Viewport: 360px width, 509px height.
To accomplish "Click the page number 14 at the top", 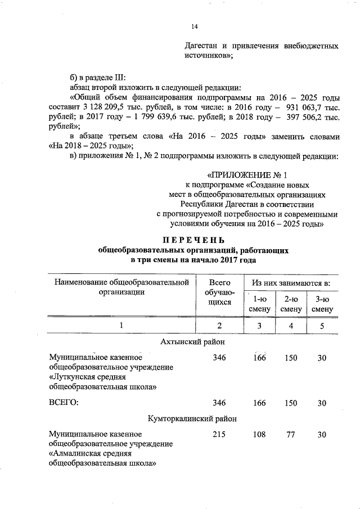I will pos(195,26).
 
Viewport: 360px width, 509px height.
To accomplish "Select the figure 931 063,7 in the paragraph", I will pos(304,106).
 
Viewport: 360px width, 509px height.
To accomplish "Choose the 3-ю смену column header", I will pos(322,304).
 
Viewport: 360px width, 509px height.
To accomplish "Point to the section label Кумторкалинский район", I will pos(193,419).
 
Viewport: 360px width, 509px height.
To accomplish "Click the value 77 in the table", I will pos(291,435).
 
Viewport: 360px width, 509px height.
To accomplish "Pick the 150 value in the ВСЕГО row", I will pos(291,403).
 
